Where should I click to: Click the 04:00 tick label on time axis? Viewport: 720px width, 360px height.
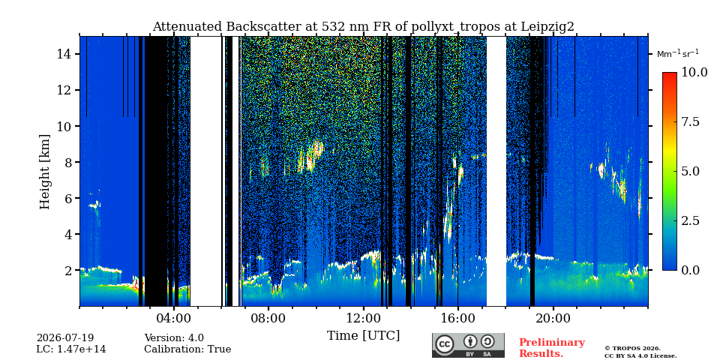(x=174, y=318)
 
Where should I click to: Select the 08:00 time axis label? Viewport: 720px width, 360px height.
(x=268, y=318)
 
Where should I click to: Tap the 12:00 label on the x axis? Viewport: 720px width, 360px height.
(x=364, y=318)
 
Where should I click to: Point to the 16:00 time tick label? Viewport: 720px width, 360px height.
(x=458, y=318)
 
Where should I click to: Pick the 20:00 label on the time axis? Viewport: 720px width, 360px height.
(x=553, y=318)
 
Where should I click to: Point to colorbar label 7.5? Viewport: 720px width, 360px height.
(x=690, y=122)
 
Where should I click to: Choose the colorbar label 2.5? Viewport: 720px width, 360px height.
(x=690, y=220)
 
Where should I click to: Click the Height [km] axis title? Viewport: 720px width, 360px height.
(x=44, y=172)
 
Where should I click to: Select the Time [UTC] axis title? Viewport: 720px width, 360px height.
(x=363, y=336)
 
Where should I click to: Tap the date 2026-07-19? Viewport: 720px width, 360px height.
(x=65, y=338)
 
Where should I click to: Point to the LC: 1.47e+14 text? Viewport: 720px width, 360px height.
(x=71, y=349)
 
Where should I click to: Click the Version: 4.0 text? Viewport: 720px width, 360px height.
(x=174, y=338)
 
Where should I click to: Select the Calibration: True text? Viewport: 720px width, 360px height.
(x=187, y=349)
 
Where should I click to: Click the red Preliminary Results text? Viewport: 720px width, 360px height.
(x=552, y=348)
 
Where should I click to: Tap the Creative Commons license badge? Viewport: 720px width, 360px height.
(x=468, y=345)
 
